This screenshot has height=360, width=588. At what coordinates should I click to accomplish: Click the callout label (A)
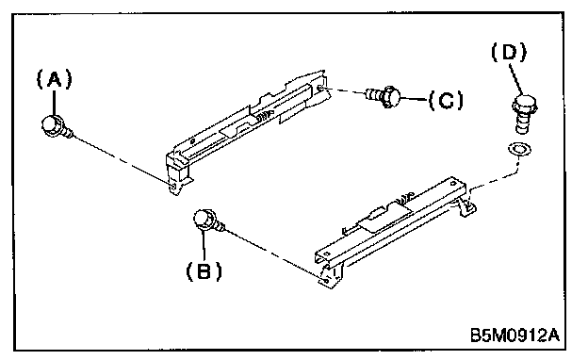55,79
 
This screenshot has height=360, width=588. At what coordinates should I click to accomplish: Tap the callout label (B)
204,270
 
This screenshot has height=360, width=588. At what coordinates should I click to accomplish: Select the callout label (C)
446,100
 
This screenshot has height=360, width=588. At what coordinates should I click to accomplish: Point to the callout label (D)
509,52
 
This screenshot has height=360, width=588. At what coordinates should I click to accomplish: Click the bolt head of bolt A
52,125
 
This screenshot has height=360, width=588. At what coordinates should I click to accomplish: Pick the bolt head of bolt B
204,220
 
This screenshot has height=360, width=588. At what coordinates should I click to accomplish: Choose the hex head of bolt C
391,96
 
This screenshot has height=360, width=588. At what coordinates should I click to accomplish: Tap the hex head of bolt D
525,104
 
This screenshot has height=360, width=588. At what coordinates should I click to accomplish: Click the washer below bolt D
519,149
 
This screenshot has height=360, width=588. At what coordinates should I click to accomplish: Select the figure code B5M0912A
514,335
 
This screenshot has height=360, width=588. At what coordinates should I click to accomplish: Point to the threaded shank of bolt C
374,93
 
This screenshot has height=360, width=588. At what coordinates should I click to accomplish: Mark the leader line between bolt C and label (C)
415,99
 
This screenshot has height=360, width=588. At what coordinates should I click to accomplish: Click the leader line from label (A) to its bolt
55,103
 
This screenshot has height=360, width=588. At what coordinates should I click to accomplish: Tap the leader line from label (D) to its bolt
516,78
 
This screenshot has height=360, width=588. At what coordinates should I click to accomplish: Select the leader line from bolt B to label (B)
204,245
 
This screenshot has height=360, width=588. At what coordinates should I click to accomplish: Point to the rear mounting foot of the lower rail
466,207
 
